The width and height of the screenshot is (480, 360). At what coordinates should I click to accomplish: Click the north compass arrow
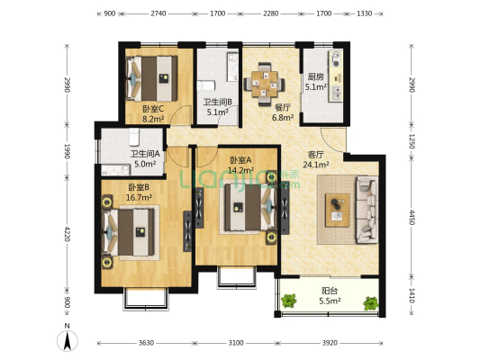68,340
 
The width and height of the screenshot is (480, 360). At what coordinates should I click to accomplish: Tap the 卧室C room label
153,109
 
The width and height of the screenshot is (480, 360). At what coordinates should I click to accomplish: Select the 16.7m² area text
139,198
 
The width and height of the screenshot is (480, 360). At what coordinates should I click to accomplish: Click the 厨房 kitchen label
315,76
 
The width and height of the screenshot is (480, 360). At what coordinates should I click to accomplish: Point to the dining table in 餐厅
265,84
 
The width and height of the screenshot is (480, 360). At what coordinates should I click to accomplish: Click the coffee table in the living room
338,210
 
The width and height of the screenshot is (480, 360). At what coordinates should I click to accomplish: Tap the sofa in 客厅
367,210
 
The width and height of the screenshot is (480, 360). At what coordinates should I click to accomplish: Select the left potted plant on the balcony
289,301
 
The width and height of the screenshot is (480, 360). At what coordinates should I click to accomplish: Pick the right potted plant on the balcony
371,303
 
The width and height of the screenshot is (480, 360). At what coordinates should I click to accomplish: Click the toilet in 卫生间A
134,137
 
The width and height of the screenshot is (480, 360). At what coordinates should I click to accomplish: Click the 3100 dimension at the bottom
236,343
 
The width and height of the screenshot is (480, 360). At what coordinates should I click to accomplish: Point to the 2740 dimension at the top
158,13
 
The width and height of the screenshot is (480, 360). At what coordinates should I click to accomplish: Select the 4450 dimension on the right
412,217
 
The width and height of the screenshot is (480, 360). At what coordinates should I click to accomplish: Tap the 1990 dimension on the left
67,151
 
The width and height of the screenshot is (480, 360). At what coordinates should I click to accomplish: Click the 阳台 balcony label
330,291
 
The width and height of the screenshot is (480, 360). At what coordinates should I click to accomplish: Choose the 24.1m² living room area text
316,165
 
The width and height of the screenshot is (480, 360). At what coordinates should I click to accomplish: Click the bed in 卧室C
152,78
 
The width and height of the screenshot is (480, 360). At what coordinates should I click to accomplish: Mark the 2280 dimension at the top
270,13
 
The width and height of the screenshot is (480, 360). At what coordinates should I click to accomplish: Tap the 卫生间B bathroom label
218,101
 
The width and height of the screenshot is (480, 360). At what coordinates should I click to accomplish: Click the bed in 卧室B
128,232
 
